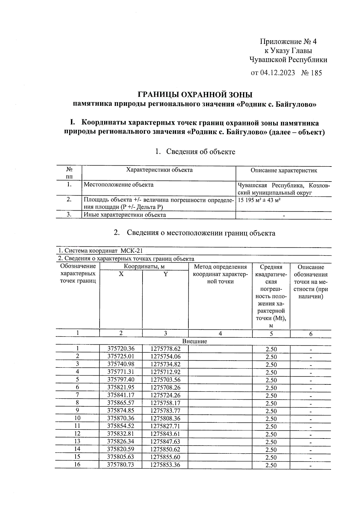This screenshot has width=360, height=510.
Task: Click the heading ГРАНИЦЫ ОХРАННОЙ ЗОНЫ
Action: [195, 95]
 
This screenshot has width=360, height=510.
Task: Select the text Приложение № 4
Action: [288, 41]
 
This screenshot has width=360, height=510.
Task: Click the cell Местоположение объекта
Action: [118, 185]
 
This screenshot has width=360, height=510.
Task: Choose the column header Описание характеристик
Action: [284, 171]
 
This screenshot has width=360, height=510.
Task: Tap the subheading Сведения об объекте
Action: [200, 151]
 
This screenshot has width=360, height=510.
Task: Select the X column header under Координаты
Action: [121, 274]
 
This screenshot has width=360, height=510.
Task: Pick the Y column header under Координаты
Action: [165, 274]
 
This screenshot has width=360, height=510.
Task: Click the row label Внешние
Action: [195, 341]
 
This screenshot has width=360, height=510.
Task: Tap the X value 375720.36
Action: [121, 349]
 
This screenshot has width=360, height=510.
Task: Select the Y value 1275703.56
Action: [165, 380]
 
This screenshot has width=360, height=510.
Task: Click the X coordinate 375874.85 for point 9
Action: [121, 411]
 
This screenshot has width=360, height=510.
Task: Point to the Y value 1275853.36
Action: [165, 465]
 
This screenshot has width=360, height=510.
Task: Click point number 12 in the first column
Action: [77, 434]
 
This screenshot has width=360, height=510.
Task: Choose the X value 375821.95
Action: [121, 387]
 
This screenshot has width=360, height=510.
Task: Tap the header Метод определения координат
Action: [220, 274]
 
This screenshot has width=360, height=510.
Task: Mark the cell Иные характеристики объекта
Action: [125, 215]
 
